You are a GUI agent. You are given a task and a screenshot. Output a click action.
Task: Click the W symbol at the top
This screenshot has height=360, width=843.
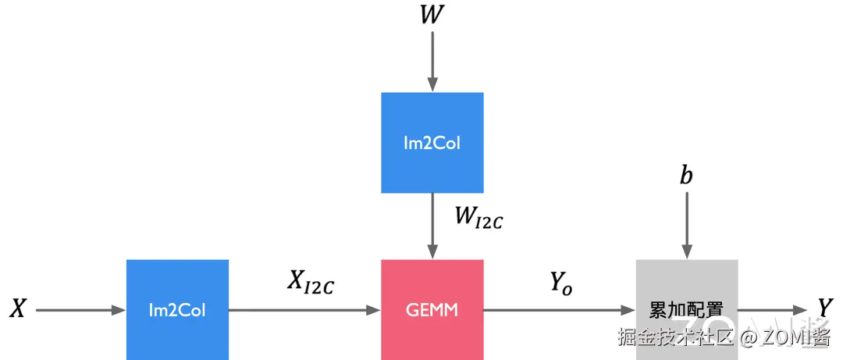coord(432,15)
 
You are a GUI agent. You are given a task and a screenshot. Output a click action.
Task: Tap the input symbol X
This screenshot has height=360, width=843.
coord(18,309)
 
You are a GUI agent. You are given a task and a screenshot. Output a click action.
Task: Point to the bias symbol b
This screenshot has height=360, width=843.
coord(686,176)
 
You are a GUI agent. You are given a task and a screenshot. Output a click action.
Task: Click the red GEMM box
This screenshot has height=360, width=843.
coord(432,310)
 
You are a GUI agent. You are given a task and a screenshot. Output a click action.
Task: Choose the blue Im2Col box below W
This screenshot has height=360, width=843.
coord(432,143)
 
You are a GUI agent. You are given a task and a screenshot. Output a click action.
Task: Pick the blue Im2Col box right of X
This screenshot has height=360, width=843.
coord(177,310)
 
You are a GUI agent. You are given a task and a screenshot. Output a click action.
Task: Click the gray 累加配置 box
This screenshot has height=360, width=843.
coord(687,310)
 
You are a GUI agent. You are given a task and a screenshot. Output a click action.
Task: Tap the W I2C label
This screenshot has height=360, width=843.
coord(478,218)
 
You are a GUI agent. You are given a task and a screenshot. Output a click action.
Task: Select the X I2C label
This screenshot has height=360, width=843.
coord(310,283)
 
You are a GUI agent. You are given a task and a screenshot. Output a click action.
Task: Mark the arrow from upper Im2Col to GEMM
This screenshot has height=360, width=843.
coord(432,226)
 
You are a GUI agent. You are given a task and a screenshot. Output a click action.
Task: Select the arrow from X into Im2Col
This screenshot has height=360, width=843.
coord(80,310)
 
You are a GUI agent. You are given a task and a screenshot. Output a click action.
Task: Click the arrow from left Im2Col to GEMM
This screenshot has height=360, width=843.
coord(305,310)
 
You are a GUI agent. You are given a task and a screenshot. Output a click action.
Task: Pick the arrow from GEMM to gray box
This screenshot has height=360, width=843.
coord(560,310)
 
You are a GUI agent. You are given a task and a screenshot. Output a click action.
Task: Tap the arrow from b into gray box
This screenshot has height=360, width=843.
coord(687,226)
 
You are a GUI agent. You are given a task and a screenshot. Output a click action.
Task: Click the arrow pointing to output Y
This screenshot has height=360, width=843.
coord(772,310)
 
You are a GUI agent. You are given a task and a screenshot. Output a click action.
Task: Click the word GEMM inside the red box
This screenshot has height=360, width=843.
coord(432,311)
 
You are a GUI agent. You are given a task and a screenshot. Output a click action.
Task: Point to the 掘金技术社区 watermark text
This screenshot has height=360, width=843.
coord(676,337)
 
